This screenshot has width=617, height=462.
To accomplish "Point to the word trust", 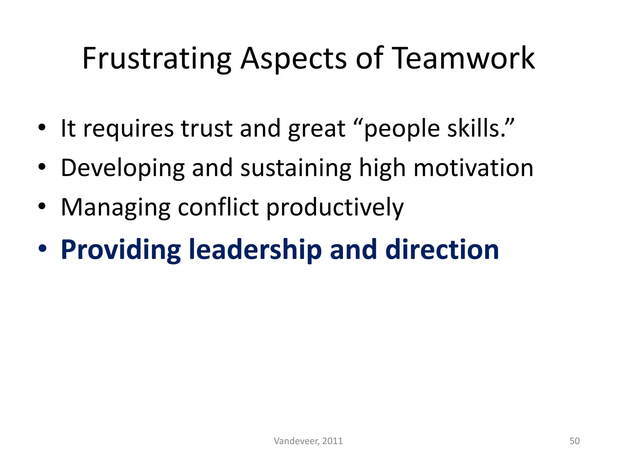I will pos(207,129).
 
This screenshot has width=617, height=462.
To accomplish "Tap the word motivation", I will pos(473,168).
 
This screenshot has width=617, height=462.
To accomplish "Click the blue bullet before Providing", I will pos(42,249).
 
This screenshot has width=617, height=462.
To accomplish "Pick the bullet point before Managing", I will pos(42,207).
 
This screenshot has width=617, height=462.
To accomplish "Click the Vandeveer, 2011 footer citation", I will pos(308,441).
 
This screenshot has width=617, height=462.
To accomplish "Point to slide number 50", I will pos(575,441).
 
